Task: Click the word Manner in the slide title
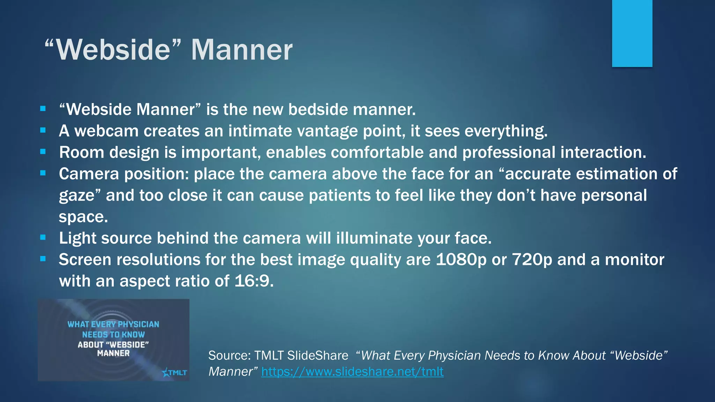coord(242,50)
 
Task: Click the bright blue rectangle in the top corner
coord(632,33)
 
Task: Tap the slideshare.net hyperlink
coord(352,372)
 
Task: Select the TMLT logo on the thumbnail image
coord(175,372)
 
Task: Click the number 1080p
coord(461,260)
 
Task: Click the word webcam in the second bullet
coord(106,131)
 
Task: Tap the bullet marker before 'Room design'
coord(43,151)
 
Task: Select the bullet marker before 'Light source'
coord(43,237)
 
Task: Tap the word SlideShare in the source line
coord(318,356)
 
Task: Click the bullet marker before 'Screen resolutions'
coord(43,259)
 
